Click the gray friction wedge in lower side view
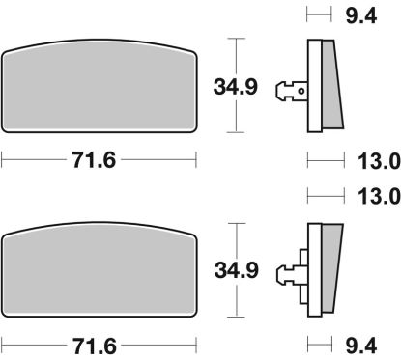point(329,265)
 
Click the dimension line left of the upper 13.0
point(325,159)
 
